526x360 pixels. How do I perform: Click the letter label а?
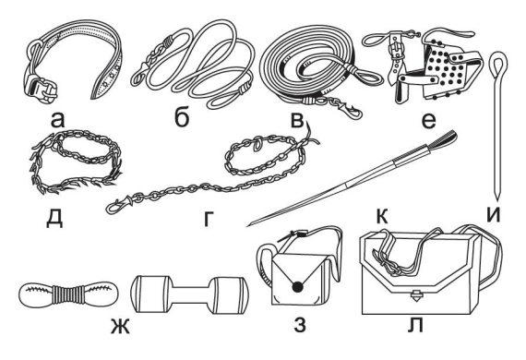[x=57, y=120]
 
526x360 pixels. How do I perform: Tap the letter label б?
[x=182, y=117]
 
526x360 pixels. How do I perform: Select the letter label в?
[x=297, y=120]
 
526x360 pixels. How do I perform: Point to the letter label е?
[x=428, y=121]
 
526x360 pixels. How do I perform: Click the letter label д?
[x=54, y=219]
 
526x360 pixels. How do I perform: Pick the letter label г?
[x=209, y=219]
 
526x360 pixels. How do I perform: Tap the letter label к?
[x=382, y=216]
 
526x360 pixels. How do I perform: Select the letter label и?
[x=494, y=215]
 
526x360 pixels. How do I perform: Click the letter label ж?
[x=120, y=327]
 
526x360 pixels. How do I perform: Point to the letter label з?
[x=300, y=325]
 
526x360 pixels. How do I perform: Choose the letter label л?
[x=415, y=325]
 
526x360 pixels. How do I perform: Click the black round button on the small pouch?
[x=297, y=286]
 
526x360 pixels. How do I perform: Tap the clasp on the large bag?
[x=415, y=295]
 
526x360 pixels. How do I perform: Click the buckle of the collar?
[x=41, y=88]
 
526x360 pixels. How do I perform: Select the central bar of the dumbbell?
[x=190, y=294]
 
